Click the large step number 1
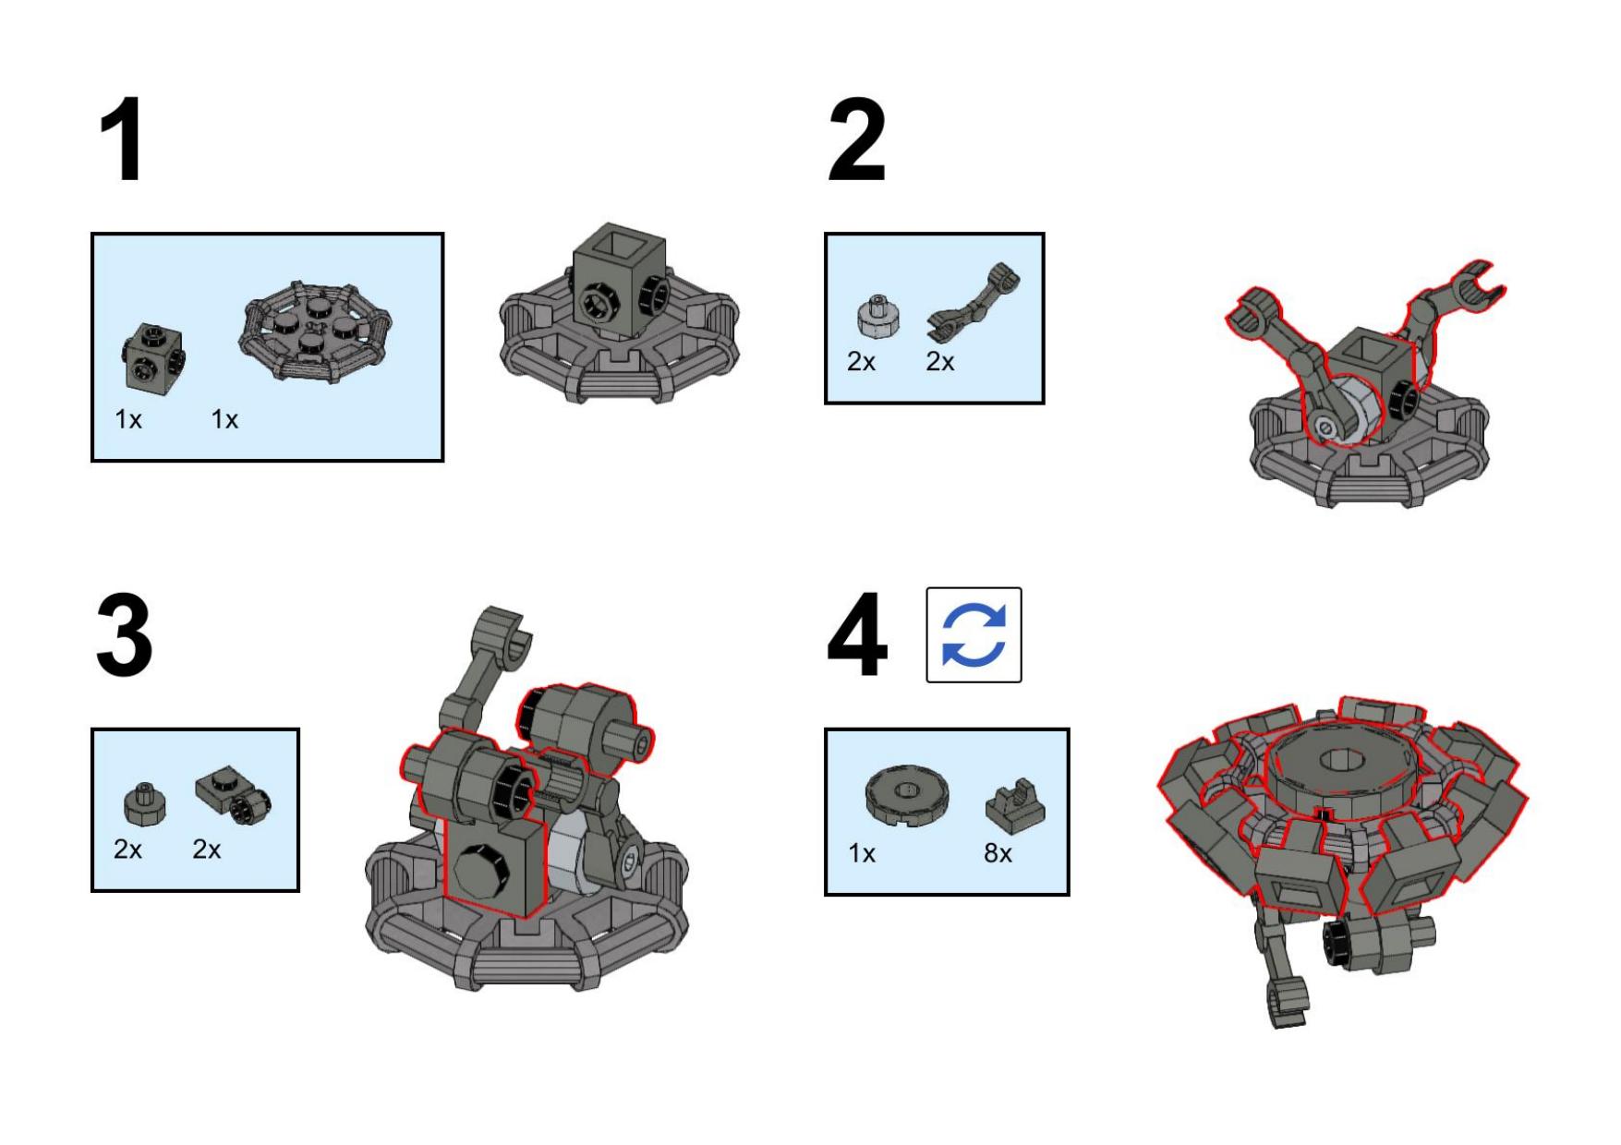pyautogui.click(x=125, y=140)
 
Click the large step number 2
pyautogui.click(x=856, y=140)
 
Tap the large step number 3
pyautogui.click(x=124, y=635)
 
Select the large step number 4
pyautogui.click(x=857, y=635)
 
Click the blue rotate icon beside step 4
pyautogui.click(x=974, y=635)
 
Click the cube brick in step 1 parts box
pyautogui.click(x=151, y=358)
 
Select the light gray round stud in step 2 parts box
pyautogui.click(x=877, y=319)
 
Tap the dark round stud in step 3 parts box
pyautogui.click(x=145, y=804)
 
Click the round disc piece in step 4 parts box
pyautogui.click(x=908, y=797)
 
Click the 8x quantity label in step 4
pyautogui.click(x=998, y=854)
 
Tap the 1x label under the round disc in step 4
pyautogui.click(x=862, y=854)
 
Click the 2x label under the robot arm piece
pyautogui.click(x=940, y=363)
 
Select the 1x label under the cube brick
pyautogui.click(x=128, y=420)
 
